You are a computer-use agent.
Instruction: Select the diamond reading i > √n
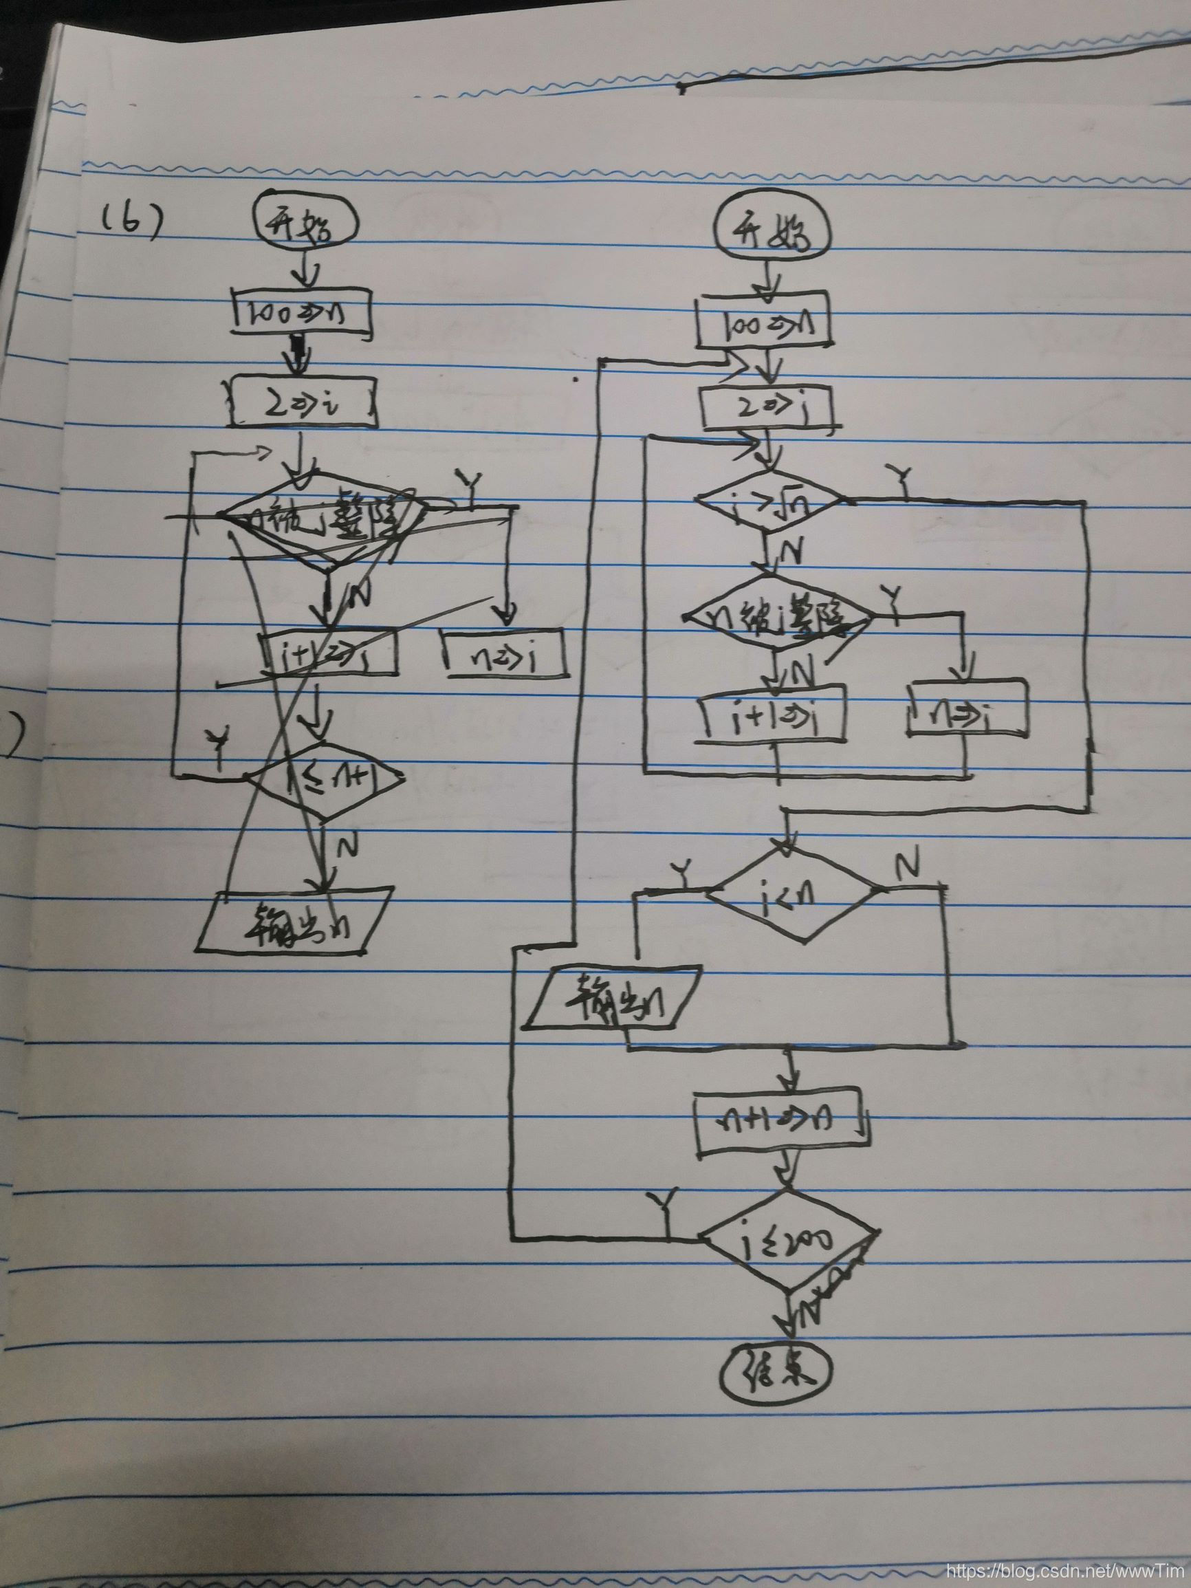coord(770,501)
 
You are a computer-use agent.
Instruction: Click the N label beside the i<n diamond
coord(907,868)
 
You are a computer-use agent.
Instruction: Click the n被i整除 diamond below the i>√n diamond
coord(778,616)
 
